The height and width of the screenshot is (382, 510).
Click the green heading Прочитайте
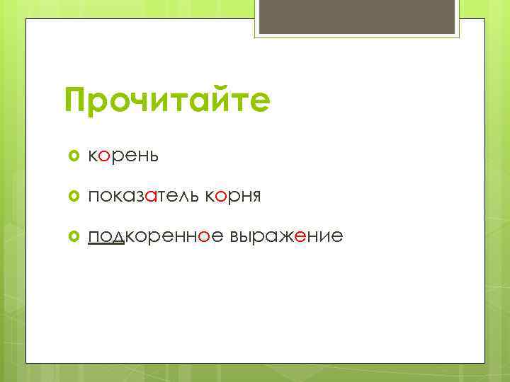tap(167, 100)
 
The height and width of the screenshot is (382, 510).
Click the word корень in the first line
tap(123, 156)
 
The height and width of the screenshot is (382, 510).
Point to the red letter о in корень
tap(104, 156)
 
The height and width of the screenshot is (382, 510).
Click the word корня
tap(233, 196)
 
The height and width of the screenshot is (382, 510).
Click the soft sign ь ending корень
tap(153, 156)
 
